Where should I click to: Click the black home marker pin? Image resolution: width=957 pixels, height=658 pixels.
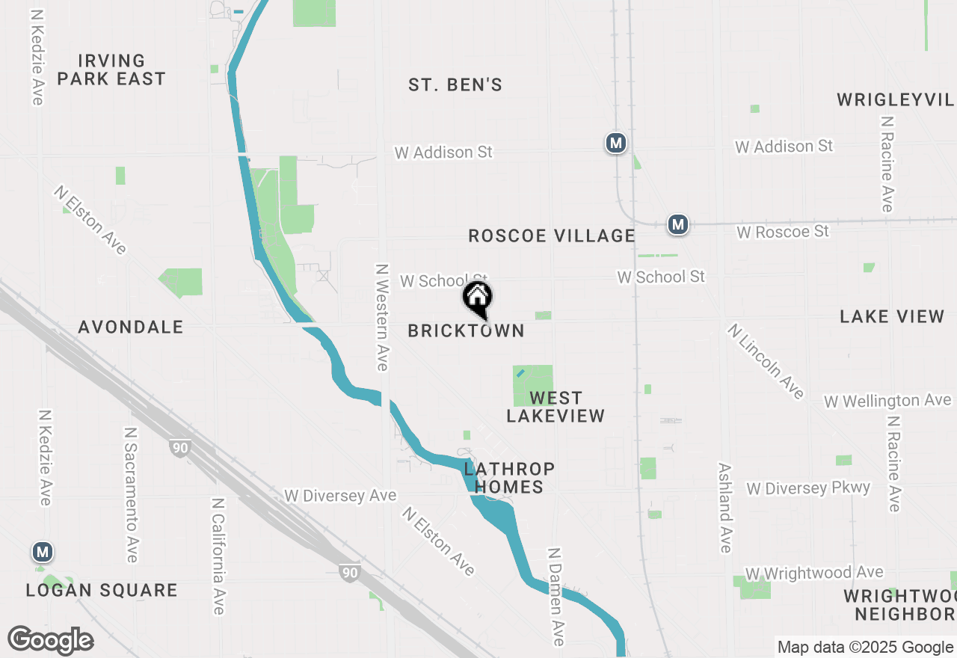point(478,299)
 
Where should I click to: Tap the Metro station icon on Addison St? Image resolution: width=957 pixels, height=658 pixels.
point(616,143)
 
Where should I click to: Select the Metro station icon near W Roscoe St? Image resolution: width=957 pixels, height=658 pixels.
point(678,224)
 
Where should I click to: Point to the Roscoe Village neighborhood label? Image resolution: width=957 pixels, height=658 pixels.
point(551,236)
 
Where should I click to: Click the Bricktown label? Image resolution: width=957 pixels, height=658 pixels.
point(466,330)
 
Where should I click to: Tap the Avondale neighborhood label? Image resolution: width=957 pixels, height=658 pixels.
point(131,327)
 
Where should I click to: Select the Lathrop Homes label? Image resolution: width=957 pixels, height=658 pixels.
point(509,478)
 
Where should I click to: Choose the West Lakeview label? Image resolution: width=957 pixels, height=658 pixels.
point(556,407)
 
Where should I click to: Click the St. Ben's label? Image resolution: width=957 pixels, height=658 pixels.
point(455,85)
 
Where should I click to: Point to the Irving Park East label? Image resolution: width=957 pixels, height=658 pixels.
point(111,70)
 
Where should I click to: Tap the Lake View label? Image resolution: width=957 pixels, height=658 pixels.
point(892,316)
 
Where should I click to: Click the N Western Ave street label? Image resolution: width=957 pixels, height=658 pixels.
point(382,316)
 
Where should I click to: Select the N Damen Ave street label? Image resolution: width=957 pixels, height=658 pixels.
point(556,596)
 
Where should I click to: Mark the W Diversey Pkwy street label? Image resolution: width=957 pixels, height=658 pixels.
point(808,488)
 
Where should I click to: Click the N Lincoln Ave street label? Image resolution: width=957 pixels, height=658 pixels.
point(766,361)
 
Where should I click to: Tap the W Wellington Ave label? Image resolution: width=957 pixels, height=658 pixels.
point(887,401)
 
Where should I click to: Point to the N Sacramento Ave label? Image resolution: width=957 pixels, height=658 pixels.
point(132,495)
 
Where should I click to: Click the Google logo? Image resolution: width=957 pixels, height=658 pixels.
point(51,640)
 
